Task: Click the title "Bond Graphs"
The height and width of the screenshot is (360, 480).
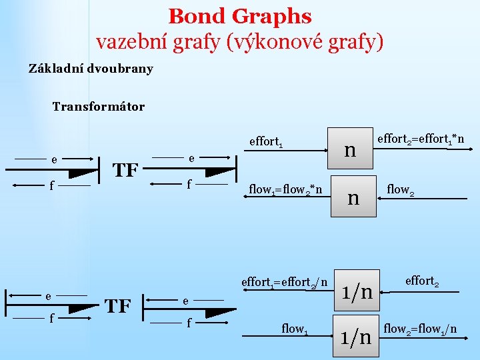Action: coord(240,15)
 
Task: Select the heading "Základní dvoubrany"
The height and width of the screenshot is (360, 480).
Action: coord(91,69)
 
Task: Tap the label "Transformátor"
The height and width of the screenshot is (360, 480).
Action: coord(98,107)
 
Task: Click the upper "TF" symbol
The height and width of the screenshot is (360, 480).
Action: coord(125,171)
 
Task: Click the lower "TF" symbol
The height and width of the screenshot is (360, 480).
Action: coord(117,306)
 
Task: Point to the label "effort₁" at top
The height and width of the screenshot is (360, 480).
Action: coord(266,141)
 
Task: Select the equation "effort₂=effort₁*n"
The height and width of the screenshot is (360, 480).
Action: coord(421,139)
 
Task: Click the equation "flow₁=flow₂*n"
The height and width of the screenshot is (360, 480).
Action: coord(285,189)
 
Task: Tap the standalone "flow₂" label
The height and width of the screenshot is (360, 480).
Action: coord(401,189)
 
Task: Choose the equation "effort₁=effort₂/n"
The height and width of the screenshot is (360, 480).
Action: coord(285,282)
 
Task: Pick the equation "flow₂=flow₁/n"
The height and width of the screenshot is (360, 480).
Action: coord(420,328)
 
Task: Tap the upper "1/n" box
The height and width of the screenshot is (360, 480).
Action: coord(357,291)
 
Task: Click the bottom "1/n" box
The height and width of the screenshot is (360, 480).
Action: coord(356,337)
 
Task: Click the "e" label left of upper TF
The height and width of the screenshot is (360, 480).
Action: coord(53,160)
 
